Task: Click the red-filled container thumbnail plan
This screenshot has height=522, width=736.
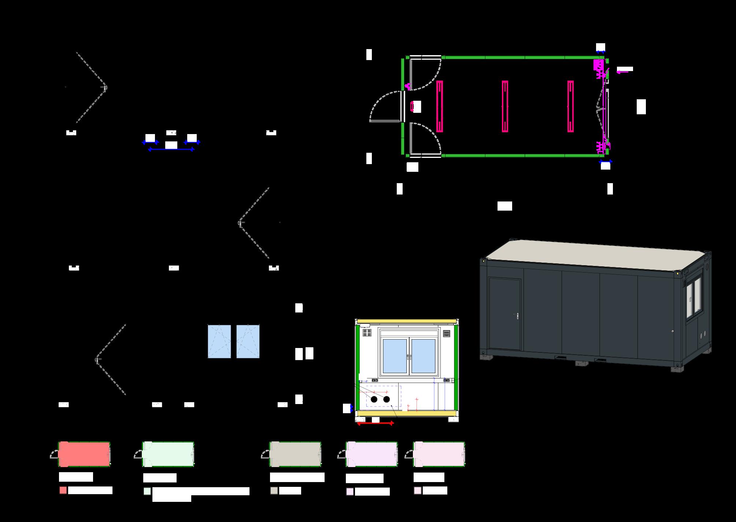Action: (x=84, y=454)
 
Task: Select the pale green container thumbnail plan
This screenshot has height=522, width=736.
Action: (x=168, y=454)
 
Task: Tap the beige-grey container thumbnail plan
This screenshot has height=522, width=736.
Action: (x=295, y=454)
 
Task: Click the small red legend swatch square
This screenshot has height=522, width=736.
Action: (x=63, y=490)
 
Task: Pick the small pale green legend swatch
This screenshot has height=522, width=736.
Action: (x=147, y=491)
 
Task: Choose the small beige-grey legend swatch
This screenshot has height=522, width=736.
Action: (x=274, y=490)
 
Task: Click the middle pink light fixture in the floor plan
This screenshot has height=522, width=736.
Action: (x=505, y=106)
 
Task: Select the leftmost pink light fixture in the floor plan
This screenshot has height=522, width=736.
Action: (x=440, y=106)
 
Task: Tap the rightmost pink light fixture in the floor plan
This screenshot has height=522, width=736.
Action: (x=570, y=106)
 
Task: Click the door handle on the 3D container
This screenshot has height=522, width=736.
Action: (x=517, y=315)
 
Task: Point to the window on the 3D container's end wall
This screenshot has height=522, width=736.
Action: (x=693, y=297)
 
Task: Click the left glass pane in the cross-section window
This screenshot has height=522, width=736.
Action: (x=395, y=356)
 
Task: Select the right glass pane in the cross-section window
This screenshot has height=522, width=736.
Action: (x=423, y=356)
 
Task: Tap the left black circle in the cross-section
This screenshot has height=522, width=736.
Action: (x=374, y=399)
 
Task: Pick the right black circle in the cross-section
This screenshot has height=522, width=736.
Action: (x=387, y=399)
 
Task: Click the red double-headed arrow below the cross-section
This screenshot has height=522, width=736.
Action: (x=375, y=423)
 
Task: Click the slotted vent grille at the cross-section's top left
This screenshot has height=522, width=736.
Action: (x=367, y=333)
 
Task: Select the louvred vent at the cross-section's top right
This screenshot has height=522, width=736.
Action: (x=447, y=333)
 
